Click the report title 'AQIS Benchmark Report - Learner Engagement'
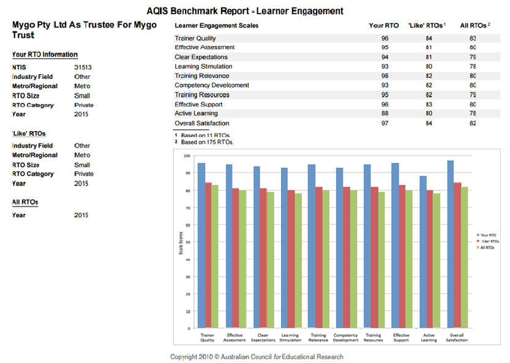(245, 11)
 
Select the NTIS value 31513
(83, 67)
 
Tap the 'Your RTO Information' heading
(45, 54)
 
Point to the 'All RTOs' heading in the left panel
(25, 201)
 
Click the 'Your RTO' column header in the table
(384, 26)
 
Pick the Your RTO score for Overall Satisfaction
(384, 124)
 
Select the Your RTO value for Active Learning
(384, 114)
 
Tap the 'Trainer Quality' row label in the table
(195, 39)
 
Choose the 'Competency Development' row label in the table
(212, 85)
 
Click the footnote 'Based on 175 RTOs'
(207, 141)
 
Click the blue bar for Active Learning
(422, 252)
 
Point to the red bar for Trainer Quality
(208, 255)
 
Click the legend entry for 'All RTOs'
(486, 248)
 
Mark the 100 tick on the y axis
(187, 155)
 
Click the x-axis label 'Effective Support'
(401, 338)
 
